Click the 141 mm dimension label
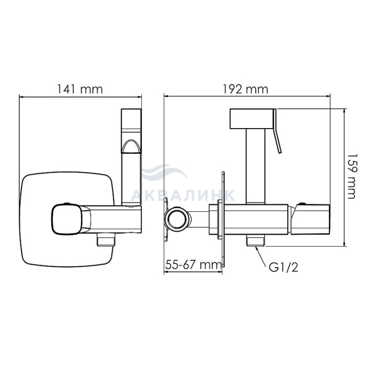click(x=80, y=89)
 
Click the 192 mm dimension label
click(x=246, y=89)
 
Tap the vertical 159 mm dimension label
click(x=352, y=176)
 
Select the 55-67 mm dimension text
click(x=193, y=265)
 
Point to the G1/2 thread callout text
click(x=283, y=268)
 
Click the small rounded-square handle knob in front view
click(x=67, y=219)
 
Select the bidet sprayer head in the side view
click(x=252, y=119)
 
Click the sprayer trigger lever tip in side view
click(x=280, y=153)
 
